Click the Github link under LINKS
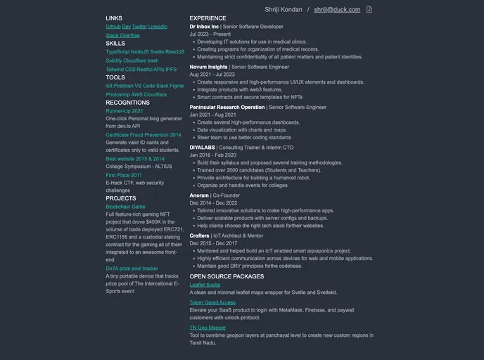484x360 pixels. [113, 27]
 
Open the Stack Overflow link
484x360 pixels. [122, 35]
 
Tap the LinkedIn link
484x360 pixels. [158, 27]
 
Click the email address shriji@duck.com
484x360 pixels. [337, 10]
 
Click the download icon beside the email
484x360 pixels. [369, 10]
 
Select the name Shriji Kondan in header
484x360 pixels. [284, 10]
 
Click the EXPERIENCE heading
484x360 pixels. [208, 18]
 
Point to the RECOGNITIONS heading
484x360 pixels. [127, 103]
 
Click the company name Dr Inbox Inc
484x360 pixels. [204, 26]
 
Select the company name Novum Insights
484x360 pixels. [208, 67]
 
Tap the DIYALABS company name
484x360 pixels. [202, 147]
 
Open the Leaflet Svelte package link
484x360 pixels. [205, 285]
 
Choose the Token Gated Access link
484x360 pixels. [212, 302]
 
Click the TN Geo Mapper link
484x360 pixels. [208, 328]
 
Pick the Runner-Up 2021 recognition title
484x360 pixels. [125, 111]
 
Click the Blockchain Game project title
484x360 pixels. [125, 207]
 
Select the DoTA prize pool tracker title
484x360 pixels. [132, 269]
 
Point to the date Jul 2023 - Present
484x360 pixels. [210, 34]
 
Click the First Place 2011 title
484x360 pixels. [124, 175]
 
